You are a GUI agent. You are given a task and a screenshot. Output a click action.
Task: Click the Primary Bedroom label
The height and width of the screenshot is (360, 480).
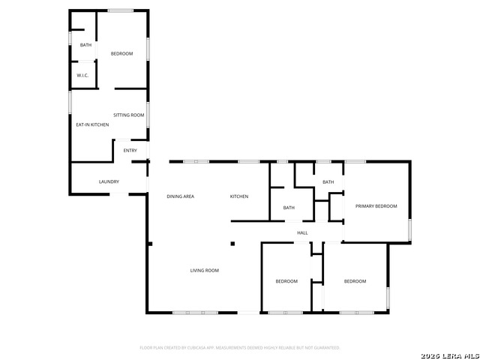click(x=376, y=206)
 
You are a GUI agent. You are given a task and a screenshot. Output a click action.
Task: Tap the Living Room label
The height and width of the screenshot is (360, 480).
click(x=204, y=270)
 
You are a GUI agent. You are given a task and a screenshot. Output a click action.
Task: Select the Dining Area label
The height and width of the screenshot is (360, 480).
click(x=181, y=196)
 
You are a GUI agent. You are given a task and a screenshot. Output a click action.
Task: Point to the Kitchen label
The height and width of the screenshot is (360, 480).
click(x=239, y=196)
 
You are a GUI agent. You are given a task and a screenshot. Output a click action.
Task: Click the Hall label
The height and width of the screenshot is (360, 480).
click(x=302, y=232)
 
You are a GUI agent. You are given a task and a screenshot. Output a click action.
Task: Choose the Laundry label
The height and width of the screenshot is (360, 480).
click(x=109, y=182)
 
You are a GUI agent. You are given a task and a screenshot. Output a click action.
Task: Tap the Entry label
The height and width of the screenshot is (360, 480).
click(x=130, y=151)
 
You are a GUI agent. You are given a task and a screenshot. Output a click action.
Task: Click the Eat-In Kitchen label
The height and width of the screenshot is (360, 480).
click(x=92, y=124)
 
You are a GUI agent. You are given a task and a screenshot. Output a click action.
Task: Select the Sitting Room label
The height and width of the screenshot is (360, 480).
click(x=129, y=115)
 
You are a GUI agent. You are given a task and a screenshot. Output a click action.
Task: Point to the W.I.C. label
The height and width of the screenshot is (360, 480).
click(x=82, y=76)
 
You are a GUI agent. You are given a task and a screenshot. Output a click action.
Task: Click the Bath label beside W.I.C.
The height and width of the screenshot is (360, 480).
click(x=85, y=46)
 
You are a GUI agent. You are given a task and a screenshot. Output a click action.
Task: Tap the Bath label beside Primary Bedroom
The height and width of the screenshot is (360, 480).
click(x=328, y=182)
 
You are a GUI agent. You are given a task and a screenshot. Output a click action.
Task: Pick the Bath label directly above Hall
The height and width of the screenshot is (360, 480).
click(x=289, y=208)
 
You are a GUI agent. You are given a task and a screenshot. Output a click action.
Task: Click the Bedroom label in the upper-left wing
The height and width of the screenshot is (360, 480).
click(x=121, y=53)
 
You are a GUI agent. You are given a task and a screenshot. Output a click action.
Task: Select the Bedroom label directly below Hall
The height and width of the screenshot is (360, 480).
click(x=286, y=281)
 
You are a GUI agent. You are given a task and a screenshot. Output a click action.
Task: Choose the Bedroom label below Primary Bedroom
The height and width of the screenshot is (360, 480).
click(x=355, y=281)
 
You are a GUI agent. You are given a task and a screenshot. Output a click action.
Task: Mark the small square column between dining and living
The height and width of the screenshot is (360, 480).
click(x=232, y=243)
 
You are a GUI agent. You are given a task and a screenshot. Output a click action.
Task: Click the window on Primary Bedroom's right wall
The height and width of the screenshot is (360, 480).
click(x=409, y=229)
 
